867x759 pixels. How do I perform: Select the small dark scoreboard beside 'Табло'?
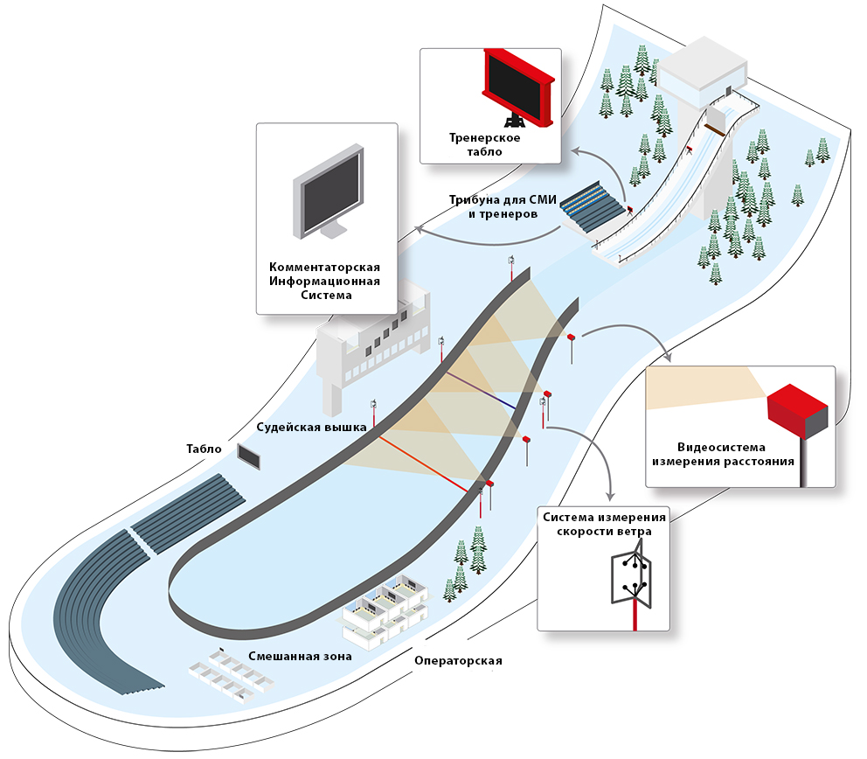(x=248, y=456)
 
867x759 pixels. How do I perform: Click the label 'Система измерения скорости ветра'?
(x=604, y=524)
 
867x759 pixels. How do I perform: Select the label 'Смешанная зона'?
(x=288, y=656)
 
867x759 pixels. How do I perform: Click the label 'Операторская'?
(x=458, y=660)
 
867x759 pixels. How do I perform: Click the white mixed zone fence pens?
(x=229, y=674)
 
